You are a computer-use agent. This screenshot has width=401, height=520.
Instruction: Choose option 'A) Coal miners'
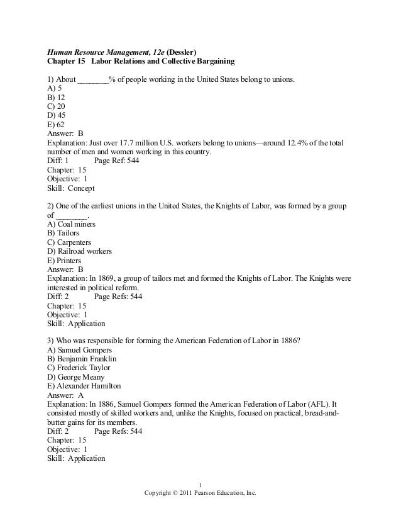pyautogui.click(x=72, y=223)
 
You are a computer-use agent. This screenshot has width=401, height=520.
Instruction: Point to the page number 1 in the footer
pyautogui.click(x=200, y=484)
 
